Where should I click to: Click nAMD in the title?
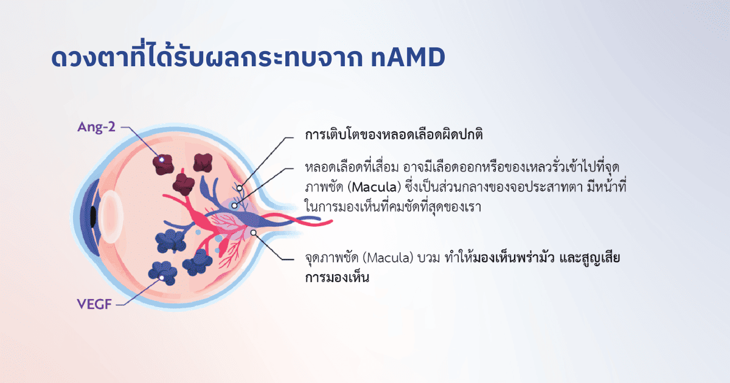click(x=408, y=57)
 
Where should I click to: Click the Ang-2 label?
click(x=96, y=127)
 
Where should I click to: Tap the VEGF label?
click(x=94, y=304)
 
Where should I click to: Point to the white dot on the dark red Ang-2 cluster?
click(x=161, y=159)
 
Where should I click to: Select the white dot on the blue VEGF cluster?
click(x=161, y=278)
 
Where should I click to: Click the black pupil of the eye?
click(x=93, y=216)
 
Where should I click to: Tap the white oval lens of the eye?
click(x=111, y=216)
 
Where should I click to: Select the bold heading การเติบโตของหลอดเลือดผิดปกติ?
click(x=394, y=134)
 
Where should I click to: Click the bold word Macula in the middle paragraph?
click(x=374, y=187)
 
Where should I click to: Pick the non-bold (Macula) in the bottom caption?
click(x=388, y=258)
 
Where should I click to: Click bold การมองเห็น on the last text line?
click(x=337, y=278)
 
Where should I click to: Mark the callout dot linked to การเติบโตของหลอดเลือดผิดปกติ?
click(x=240, y=188)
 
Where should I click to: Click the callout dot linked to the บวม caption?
click(x=253, y=232)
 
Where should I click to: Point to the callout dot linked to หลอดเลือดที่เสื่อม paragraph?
click(x=234, y=205)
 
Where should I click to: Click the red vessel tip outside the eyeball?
click(x=331, y=222)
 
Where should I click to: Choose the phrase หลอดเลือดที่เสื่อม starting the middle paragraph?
click(x=352, y=167)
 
